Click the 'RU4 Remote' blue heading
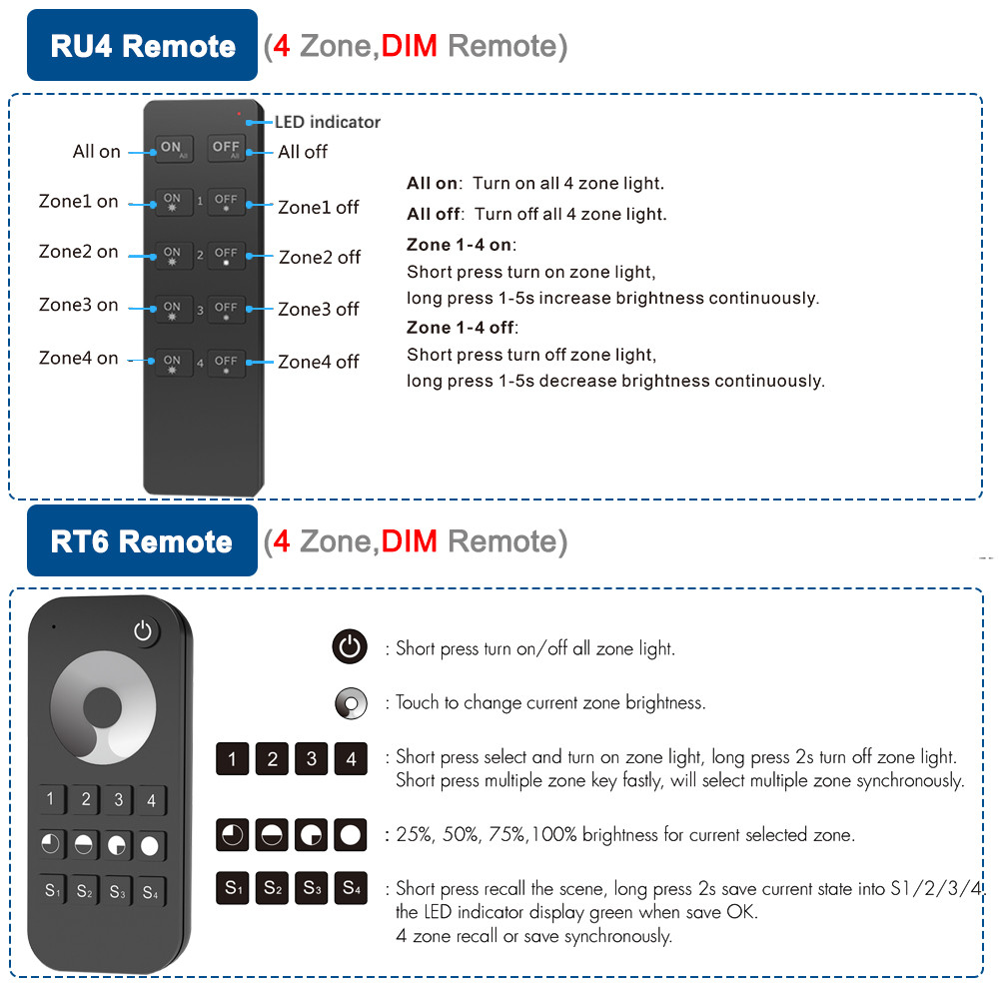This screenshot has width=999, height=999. pos(143,46)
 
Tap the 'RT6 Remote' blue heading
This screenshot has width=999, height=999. pos(142,541)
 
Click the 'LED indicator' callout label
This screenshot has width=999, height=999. pos(328,122)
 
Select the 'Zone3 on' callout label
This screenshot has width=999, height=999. pos(79,305)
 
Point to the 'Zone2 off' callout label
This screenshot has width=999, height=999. pos(320,257)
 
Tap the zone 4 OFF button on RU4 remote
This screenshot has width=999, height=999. pos(227,363)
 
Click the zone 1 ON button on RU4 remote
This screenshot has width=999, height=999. pos(173,202)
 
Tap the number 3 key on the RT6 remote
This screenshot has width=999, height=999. pos(118,799)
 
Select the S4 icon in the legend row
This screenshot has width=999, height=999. pos(351,887)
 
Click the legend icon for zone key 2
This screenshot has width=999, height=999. pos(272,759)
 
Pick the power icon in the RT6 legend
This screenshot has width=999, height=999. pos(350,647)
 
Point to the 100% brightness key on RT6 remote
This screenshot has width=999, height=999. pos(150,845)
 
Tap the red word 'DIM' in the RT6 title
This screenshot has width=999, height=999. pos(410,541)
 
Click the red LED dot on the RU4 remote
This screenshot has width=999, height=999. pos(239,113)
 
